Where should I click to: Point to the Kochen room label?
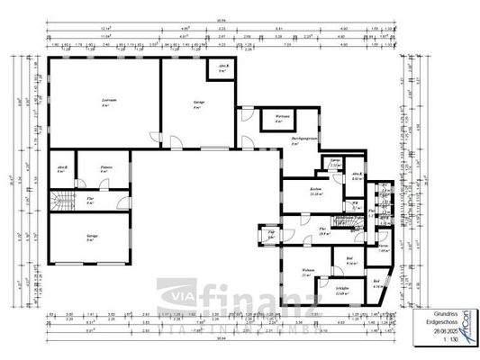click(x=315, y=190)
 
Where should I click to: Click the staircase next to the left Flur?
click(x=64, y=203)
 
